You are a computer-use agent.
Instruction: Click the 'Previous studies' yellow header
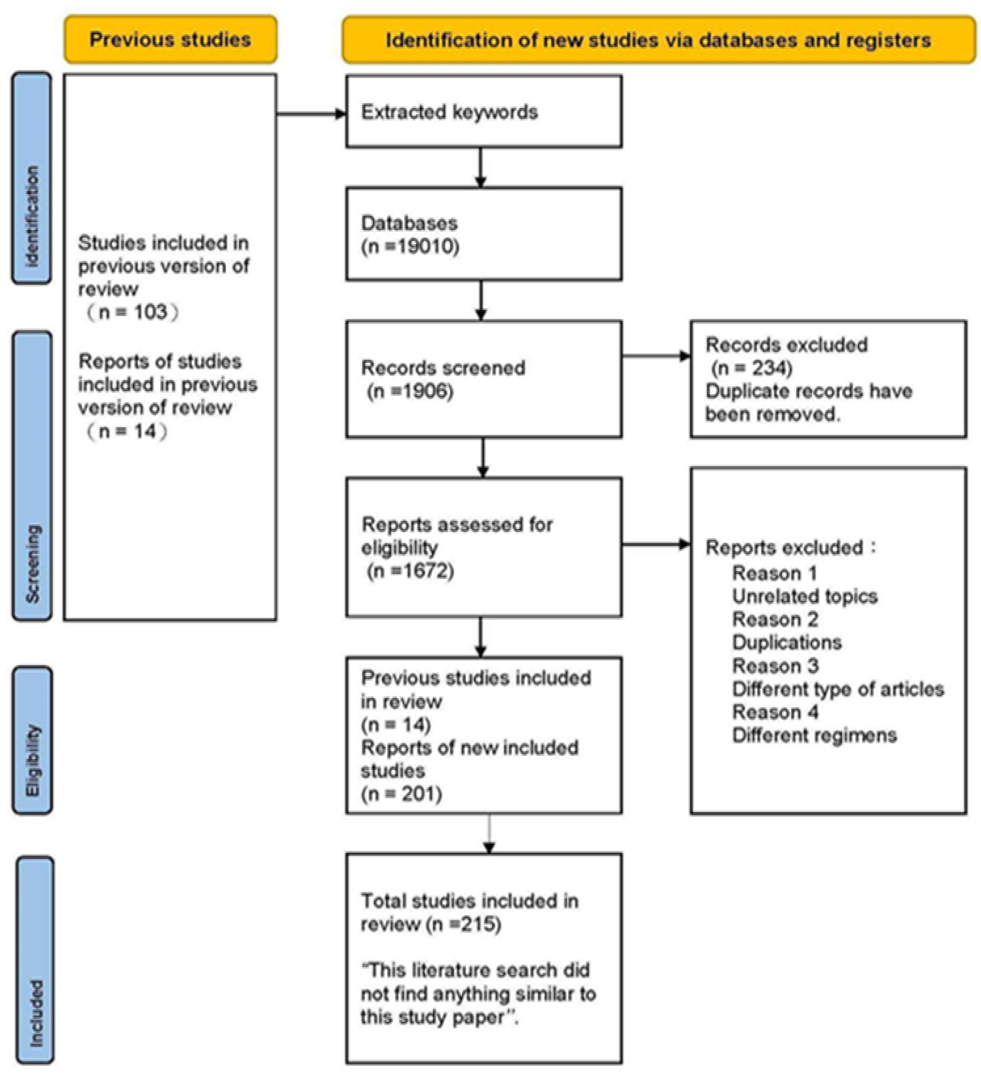[x=170, y=39]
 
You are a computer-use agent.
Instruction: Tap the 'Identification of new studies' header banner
[x=658, y=40]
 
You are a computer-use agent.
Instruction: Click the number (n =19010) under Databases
[x=410, y=247]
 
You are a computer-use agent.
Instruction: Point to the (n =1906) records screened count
[x=410, y=391]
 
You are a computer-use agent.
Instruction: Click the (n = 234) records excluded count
[x=752, y=368]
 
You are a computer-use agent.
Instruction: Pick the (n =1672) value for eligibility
[x=410, y=571]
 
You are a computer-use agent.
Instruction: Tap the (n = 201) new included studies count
[x=402, y=794]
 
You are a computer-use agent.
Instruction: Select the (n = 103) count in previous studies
[x=133, y=312]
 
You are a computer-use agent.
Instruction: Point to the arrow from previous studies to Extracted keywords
[x=312, y=113]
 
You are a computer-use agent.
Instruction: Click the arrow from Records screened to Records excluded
[x=656, y=356]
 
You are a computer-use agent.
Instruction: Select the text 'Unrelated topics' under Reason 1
[x=804, y=596]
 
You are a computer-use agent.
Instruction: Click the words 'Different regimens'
[x=814, y=736]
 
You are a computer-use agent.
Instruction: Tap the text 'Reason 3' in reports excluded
[x=775, y=666]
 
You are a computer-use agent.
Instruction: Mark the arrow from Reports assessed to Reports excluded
[x=656, y=545]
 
